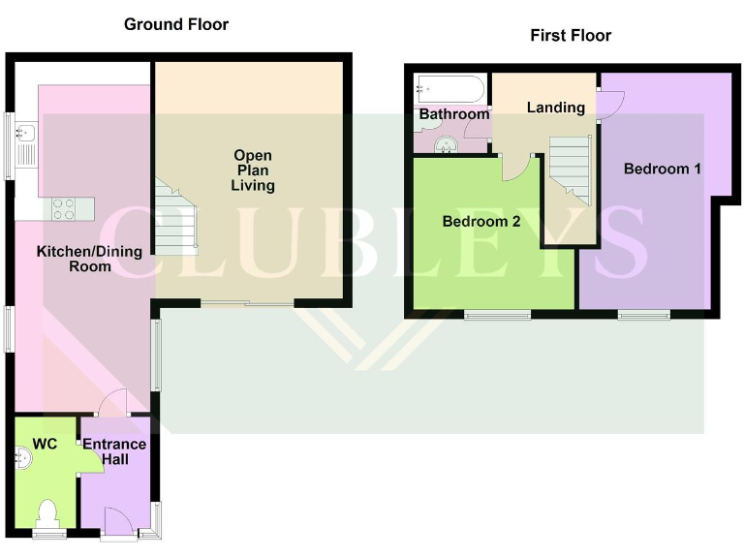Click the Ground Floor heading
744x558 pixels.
176,24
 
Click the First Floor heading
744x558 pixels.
571,36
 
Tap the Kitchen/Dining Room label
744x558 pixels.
89,259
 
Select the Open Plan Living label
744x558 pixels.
253,170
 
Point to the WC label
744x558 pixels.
46,444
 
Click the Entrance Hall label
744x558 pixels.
113,451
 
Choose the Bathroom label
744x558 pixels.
453,114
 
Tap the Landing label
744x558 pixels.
555,107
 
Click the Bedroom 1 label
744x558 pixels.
662,169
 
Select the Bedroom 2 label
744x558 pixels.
481,222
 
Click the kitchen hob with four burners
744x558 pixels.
64,207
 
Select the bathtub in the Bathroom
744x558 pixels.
449,89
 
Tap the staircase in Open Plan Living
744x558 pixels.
174,217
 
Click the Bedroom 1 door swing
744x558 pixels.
608,105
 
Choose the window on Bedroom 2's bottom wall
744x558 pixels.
497,314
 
